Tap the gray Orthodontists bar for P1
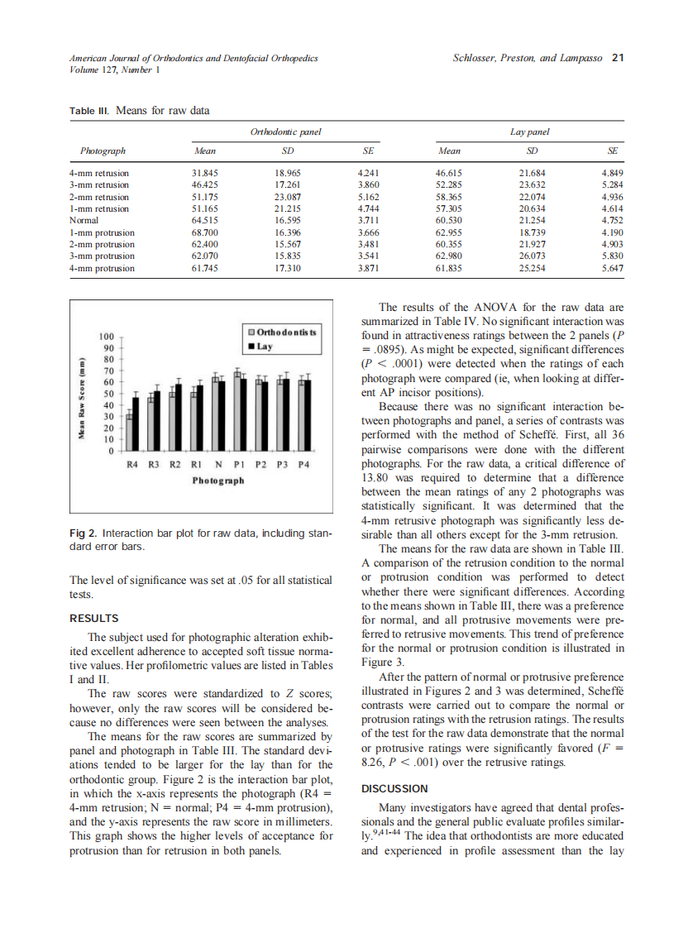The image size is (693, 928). coord(237,414)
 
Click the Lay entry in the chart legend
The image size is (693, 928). coord(264,347)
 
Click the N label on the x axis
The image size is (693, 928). coord(217,465)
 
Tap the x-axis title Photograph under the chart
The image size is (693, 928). coord(217,481)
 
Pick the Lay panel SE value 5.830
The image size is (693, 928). coord(612,256)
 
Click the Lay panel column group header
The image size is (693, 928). coord(530,131)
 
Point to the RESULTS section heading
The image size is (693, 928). coord(94,618)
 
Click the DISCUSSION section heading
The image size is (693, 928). coord(395,788)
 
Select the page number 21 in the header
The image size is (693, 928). coord(617,58)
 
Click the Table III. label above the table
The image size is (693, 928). coord(88,109)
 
